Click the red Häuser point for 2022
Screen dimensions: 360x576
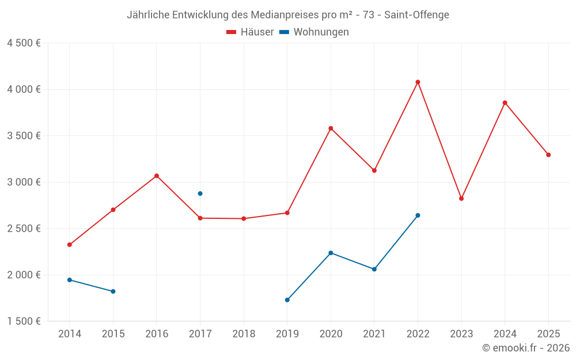coord(418,82)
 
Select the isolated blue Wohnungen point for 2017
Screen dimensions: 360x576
coord(200,194)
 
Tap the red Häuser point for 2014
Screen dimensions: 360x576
coord(70,245)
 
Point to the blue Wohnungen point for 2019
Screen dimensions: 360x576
coord(287,300)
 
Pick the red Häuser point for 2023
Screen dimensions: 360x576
coord(461,199)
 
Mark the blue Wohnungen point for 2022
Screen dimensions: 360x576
coord(418,215)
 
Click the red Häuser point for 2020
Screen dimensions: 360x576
coord(331,128)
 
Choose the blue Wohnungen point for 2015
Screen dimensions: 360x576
coord(113,291)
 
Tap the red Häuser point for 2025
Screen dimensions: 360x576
coord(548,155)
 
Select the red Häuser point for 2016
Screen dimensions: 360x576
coord(157,176)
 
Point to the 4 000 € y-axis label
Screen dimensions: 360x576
coord(24,89)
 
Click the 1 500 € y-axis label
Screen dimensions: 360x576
coord(24,321)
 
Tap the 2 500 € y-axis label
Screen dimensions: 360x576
coord(24,229)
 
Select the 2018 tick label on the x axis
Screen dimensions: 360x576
coord(244,334)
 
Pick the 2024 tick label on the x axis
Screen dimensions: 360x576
coord(505,334)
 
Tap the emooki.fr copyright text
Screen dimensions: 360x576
coord(525,348)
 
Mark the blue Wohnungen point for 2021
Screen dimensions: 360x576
coord(374,269)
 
